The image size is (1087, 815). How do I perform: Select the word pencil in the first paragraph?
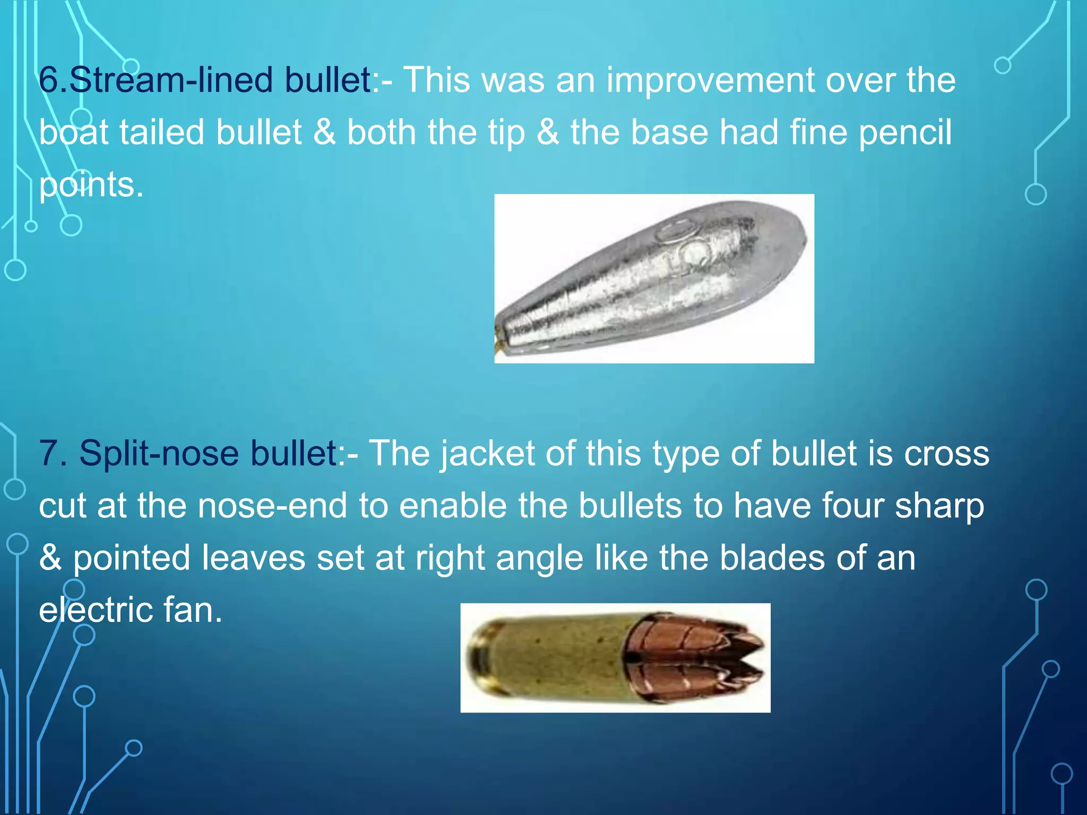point(905,133)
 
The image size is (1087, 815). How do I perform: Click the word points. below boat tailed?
point(91,185)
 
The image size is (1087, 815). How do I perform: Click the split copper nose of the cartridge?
point(701,658)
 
